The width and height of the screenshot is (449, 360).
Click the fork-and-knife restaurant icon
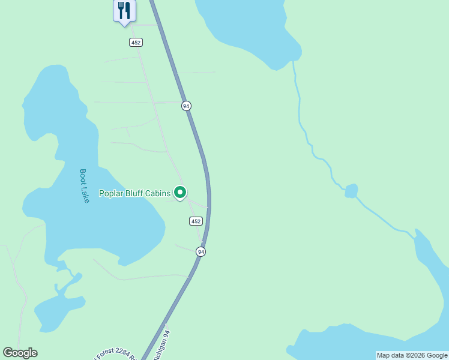(124, 10)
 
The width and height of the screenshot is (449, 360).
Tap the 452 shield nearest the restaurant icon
(136, 42)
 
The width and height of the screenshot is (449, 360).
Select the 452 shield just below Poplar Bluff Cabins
(196, 221)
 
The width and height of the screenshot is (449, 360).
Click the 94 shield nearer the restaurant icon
(186, 106)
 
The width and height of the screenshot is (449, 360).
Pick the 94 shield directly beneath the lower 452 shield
(200, 252)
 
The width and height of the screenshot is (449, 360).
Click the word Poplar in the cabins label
(112, 193)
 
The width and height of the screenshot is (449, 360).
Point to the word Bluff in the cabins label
(137, 193)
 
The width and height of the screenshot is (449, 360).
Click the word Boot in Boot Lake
(83, 176)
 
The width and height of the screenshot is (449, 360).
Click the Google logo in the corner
(20, 353)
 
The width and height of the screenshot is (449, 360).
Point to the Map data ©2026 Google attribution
(412, 355)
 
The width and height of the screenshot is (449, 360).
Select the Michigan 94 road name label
(162, 344)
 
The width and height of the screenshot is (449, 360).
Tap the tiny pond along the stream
(351, 191)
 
